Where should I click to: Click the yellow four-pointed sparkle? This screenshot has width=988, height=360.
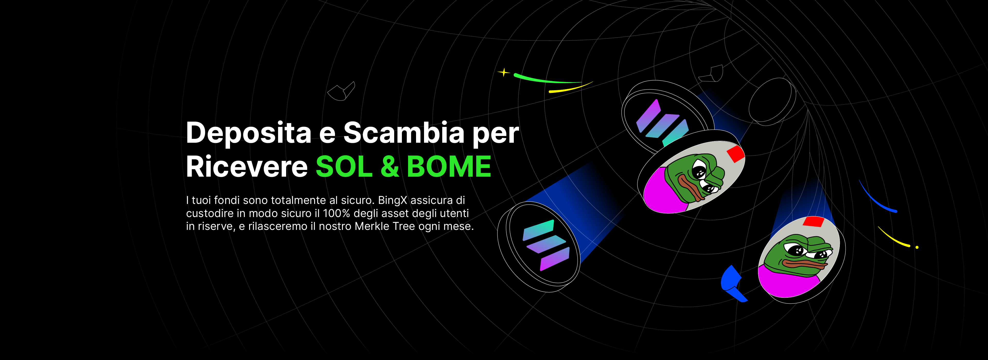click(x=504, y=72)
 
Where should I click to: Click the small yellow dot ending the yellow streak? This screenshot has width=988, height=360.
click(x=917, y=247)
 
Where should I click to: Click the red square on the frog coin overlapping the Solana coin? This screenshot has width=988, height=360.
click(x=736, y=154)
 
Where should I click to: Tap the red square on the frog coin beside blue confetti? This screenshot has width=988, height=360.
click(x=814, y=221)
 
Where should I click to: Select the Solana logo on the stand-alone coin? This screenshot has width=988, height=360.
click(x=546, y=245)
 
